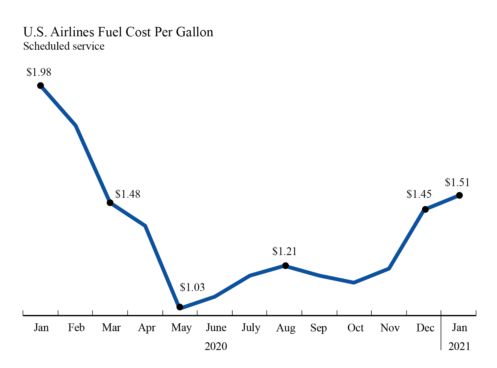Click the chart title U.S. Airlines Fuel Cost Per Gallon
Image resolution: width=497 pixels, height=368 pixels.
coord(118,32)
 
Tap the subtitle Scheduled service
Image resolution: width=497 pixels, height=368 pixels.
coord(64,46)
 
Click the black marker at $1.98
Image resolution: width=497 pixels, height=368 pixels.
coord(40,86)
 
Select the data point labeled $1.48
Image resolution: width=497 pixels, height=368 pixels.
coord(110,203)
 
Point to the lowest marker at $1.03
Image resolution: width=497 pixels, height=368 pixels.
coord(180,307)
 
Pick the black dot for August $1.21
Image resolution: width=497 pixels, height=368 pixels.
coord(286,266)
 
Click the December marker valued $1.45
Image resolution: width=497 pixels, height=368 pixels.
coord(425,209)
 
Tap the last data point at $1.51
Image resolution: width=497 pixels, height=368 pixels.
coord(459,195)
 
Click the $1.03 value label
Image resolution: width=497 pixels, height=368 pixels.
coord(192,287)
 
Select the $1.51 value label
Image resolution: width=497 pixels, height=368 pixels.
coord(457,182)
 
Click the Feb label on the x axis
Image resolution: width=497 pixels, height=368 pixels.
coord(76,328)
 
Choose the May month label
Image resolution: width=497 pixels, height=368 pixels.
coord(181,328)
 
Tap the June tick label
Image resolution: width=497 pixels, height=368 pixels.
coord(216,328)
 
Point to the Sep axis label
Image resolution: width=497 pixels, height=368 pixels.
coord(318,328)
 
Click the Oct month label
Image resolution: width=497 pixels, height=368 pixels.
coord(355,328)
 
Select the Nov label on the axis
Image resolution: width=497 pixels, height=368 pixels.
coord(390,328)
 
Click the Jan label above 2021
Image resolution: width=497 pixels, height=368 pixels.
coord(459,328)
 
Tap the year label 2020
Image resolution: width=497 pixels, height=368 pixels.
coord(216,346)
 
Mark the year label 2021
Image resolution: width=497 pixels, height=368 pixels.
coord(459,346)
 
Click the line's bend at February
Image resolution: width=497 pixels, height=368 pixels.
coord(76,125)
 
